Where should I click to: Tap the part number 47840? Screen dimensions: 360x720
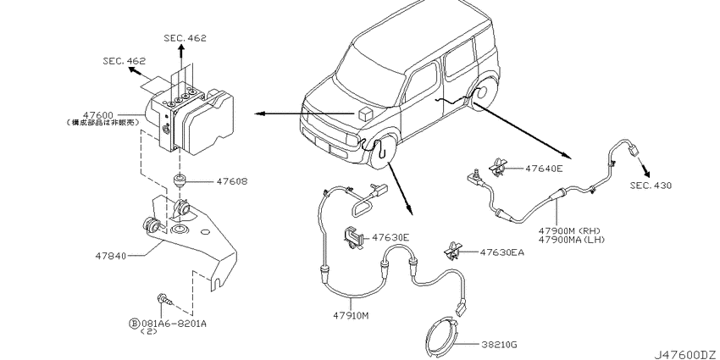[114, 252]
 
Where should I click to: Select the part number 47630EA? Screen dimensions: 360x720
[503, 252]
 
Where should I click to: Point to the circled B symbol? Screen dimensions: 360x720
[133, 322]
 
